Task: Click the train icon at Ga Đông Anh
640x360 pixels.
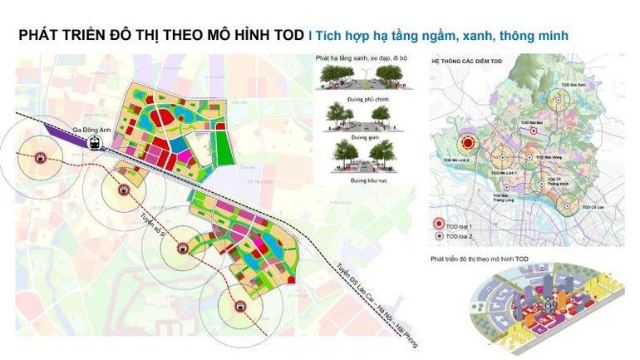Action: (x=96, y=142)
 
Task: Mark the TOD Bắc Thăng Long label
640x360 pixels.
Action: (x=500, y=197)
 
